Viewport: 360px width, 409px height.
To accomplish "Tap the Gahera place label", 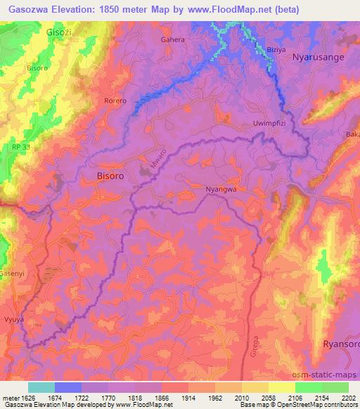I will (x=173, y=40).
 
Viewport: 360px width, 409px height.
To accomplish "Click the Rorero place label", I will (x=115, y=101).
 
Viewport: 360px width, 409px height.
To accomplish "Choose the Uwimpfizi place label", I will (x=268, y=124).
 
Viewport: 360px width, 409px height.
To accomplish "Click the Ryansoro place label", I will (x=340, y=344).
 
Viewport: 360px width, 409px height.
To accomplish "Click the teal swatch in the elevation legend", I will (x=41, y=387).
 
